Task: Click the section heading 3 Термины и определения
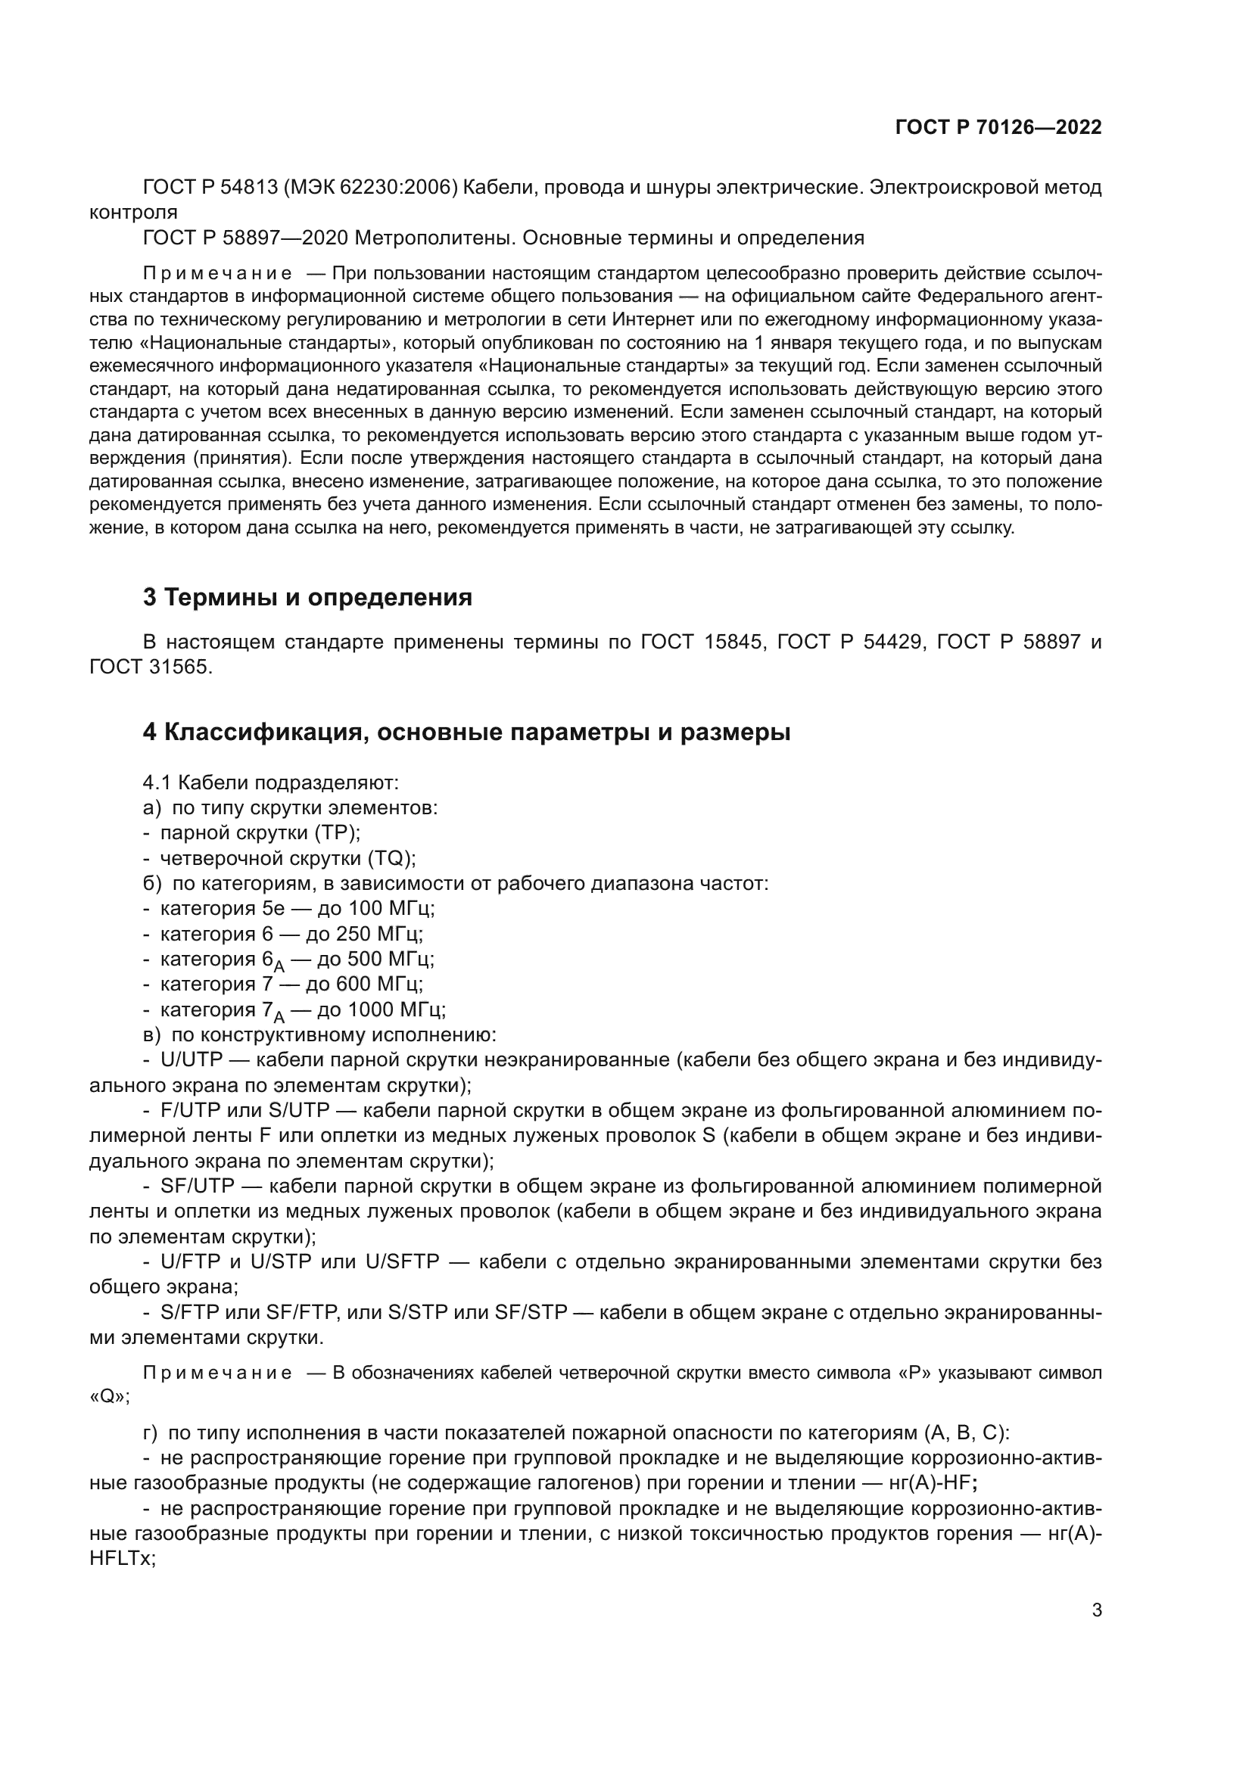tap(307, 598)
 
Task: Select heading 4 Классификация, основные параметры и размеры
tap(466, 733)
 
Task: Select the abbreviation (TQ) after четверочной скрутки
tap(391, 858)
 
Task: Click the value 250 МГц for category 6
tap(380, 934)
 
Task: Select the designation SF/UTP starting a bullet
tap(196, 1186)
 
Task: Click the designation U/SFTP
tap(402, 1262)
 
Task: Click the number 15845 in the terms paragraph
tap(735, 642)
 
